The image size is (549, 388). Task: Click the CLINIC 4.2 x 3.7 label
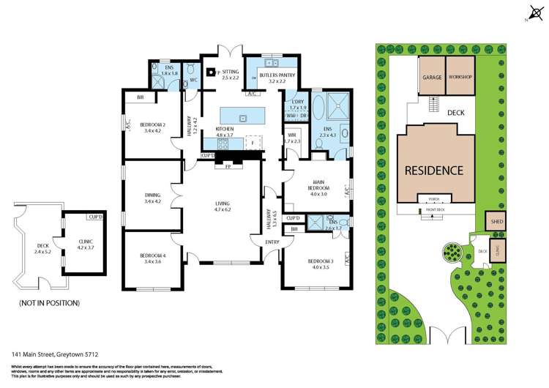tap(86, 243)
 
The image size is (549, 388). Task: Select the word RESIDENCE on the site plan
tap(435, 171)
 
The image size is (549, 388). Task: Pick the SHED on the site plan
tap(495, 220)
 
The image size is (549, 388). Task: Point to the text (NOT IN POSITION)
tap(49, 302)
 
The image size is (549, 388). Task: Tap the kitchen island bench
tap(242, 116)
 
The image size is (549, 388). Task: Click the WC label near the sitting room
tap(193, 81)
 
